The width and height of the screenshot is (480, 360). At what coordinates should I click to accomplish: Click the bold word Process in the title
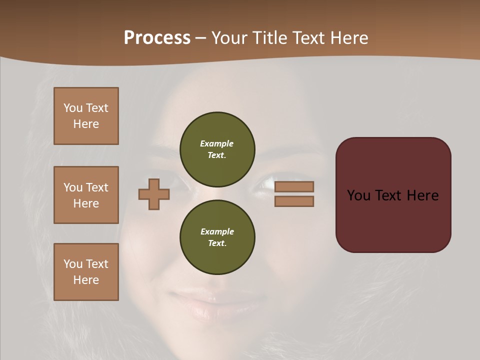157,38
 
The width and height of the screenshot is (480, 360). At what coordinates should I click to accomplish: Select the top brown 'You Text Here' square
86,116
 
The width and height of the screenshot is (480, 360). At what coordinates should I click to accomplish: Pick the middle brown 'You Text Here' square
86,195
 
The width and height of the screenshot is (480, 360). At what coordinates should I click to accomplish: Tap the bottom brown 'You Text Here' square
86,272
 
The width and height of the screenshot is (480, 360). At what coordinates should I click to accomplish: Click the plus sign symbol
154,194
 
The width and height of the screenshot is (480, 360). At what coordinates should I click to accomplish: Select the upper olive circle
217,149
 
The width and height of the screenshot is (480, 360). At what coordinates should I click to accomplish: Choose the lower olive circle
217,237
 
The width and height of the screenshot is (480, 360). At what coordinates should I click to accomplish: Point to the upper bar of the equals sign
294,186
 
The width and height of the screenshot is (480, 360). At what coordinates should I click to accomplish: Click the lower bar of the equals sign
294,201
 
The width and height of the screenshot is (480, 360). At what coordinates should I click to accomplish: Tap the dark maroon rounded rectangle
393,220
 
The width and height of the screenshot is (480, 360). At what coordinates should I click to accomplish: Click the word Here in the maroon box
422,195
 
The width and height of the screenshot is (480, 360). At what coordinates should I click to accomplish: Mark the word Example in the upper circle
216,143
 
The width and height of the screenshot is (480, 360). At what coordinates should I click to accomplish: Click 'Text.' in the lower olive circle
217,243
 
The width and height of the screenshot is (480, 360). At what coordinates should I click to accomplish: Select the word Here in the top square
86,124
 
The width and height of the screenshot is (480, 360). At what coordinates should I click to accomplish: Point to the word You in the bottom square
73,264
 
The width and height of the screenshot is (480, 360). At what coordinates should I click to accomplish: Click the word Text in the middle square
97,187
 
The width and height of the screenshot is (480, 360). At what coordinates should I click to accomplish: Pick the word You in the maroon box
358,195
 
